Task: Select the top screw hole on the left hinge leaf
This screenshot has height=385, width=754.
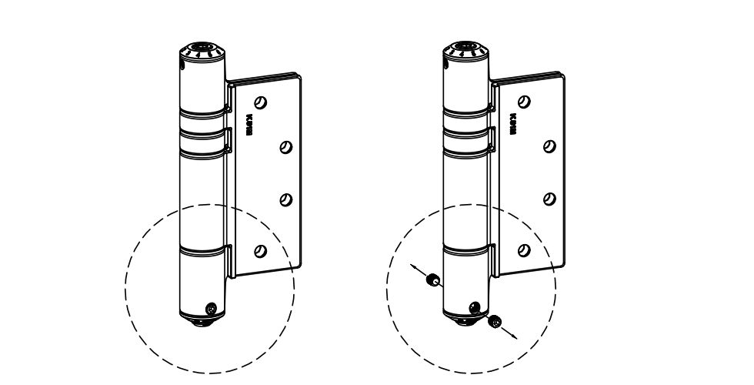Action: click(x=261, y=101)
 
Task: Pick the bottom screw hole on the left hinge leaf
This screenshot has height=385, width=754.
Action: click(x=260, y=249)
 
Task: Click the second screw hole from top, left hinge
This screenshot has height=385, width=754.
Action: click(x=285, y=146)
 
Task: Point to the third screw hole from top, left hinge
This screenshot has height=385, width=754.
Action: click(x=285, y=199)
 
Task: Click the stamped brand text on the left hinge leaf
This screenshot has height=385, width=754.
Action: click(x=249, y=124)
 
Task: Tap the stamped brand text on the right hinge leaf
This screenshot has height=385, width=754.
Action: click(x=512, y=124)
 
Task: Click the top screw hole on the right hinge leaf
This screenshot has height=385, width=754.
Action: click(x=524, y=101)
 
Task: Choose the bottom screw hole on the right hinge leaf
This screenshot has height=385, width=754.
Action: click(x=523, y=249)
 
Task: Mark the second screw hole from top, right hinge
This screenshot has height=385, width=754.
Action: click(x=548, y=146)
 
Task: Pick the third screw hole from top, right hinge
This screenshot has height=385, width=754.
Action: click(x=548, y=199)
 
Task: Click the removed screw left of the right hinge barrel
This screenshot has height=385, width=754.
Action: click(x=432, y=280)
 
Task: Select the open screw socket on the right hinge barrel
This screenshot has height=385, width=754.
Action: click(x=473, y=308)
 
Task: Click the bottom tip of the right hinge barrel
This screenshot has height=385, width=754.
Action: click(x=461, y=323)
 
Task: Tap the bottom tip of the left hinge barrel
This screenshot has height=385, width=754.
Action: click(x=198, y=323)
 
